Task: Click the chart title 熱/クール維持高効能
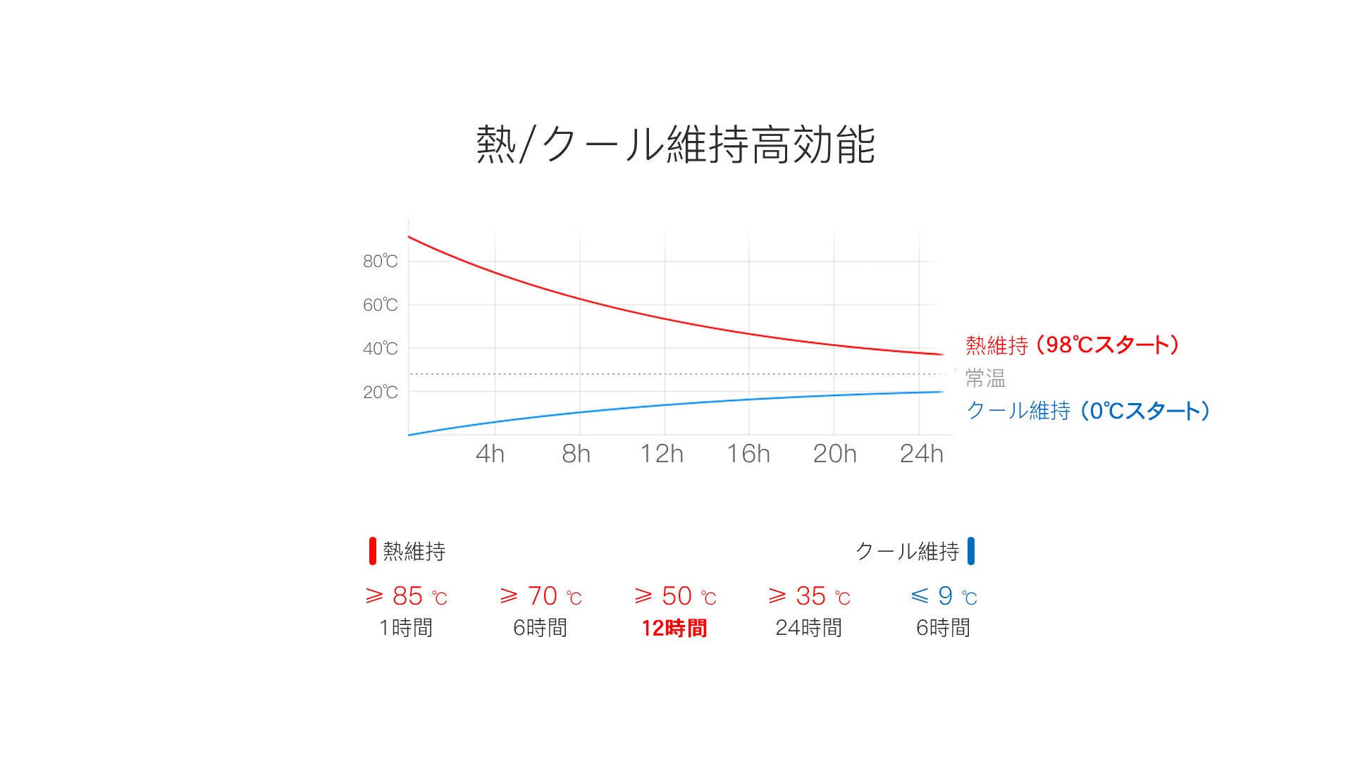(x=675, y=145)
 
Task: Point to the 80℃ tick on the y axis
(x=381, y=261)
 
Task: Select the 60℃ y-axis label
(x=381, y=305)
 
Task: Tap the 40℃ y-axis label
(x=381, y=349)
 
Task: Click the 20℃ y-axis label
(x=381, y=392)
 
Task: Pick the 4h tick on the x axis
(x=490, y=454)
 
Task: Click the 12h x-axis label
(x=662, y=454)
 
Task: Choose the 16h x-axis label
(x=748, y=454)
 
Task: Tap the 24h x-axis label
(x=921, y=454)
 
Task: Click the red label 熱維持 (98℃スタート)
(x=1072, y=345)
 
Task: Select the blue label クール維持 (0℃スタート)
(x=1088, y=411)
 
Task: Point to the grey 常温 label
(x=985, y=378)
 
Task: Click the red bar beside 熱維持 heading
(x=373, y=551)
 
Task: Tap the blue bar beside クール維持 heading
(x=971, y=551)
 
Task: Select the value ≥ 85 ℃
(x=406, y=597)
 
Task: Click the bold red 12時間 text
(x=674, y=628)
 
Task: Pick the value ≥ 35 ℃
(x=809, y=597)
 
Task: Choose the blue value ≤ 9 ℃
(x=944, y=597)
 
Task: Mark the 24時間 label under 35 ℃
(x=809, y=628)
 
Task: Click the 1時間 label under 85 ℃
(x=406, y=628)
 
